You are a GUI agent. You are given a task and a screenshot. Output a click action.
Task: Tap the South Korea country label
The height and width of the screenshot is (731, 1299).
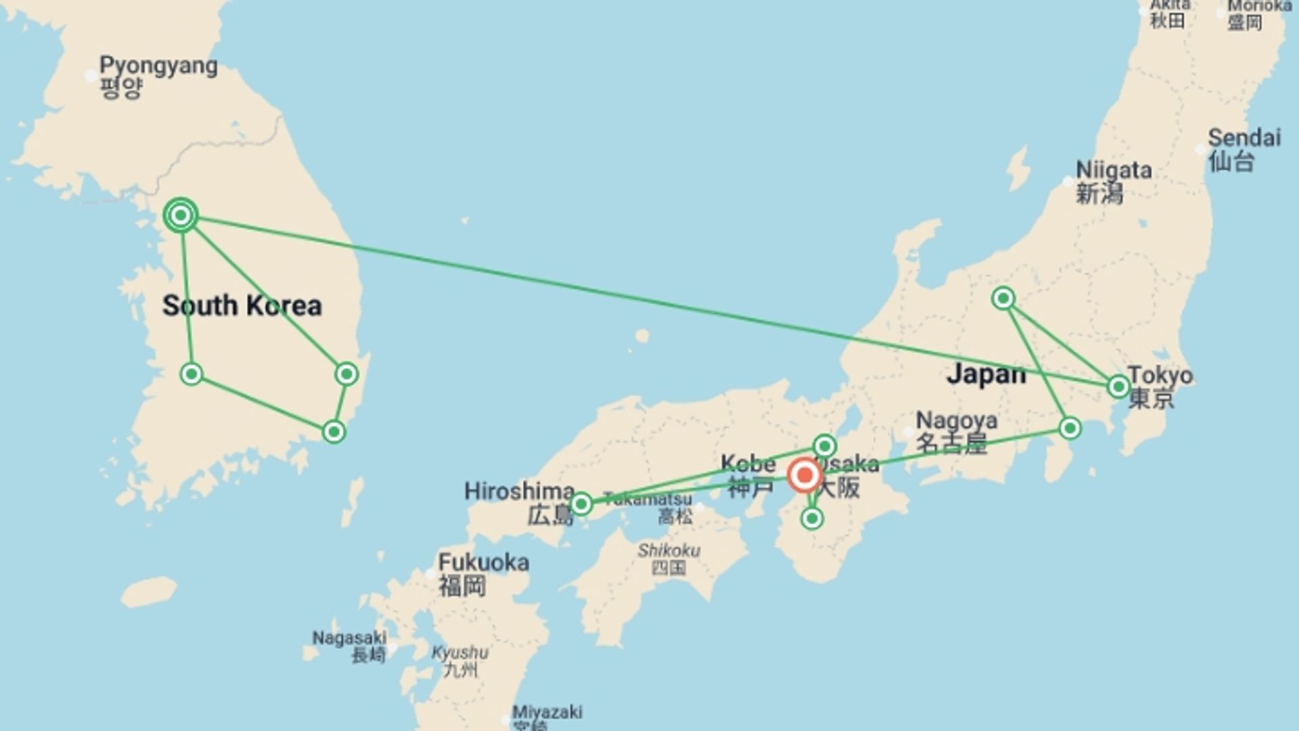click(242, 306)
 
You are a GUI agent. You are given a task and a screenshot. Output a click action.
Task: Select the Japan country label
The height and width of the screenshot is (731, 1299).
click(986, 374)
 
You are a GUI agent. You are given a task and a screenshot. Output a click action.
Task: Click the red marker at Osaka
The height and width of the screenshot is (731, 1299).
click(804, 475)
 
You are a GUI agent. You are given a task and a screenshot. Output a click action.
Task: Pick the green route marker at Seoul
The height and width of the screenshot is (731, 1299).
click(181, 216)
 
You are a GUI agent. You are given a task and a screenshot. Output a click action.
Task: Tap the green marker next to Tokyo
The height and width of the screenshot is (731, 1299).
click(1118, 386)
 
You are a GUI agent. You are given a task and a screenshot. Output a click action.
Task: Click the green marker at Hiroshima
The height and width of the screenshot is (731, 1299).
click(580, 504)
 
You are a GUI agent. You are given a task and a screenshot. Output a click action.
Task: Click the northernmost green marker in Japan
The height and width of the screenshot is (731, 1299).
click(1003, 298)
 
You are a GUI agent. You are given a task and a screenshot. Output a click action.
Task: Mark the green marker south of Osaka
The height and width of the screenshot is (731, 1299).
click(812, 519)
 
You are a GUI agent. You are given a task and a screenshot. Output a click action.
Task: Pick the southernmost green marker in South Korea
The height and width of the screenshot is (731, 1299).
click(334, 432)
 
